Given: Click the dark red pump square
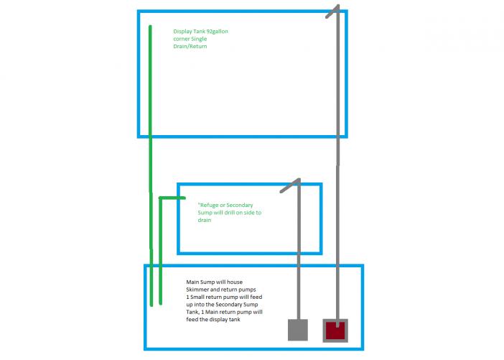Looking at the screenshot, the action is click(335, 331).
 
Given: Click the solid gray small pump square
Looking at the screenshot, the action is click(298, 330).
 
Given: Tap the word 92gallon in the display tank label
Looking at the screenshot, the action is click(217, 32).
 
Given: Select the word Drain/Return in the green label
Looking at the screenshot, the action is click(190, 46).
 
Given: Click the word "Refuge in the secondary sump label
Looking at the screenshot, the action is click(208, 206).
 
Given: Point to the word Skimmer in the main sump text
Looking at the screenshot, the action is click(197, 290).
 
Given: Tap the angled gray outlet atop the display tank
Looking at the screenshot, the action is click(332, 11).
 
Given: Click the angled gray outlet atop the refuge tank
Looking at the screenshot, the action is click(290, 185).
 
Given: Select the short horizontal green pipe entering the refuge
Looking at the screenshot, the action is click(172, 198).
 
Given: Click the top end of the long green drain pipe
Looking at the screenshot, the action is click(150, 27).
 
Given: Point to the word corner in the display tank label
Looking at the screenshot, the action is click(181, 40).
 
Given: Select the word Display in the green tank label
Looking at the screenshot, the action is click(182, 32).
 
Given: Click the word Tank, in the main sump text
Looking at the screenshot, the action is click(192, 312).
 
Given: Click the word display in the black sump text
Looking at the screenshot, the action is click(219, 320).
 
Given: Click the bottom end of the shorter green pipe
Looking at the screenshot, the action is click(160, 303).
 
